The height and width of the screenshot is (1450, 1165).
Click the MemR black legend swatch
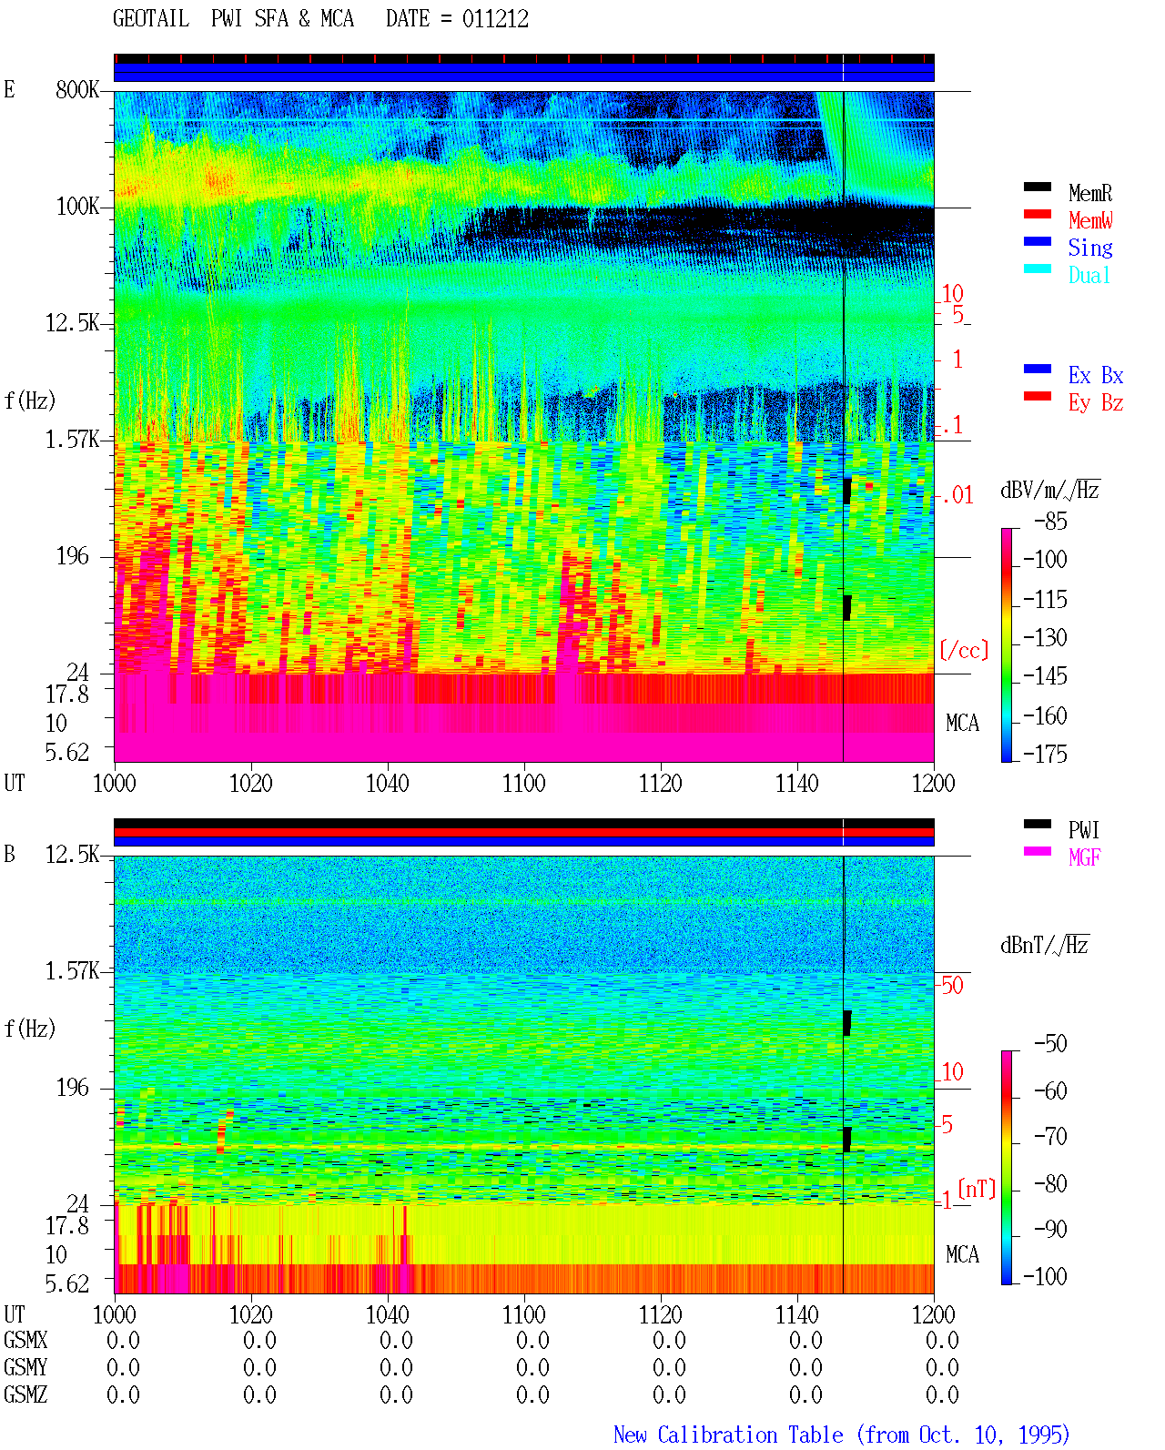coord(1037,187)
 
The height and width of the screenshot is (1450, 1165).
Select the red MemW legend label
coord(1090,220)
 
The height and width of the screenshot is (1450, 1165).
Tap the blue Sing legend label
coord(1090,248)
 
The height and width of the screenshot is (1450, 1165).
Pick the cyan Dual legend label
coord(1089,275)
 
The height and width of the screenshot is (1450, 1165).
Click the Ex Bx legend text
coord(1096,375)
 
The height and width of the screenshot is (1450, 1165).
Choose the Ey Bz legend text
coord(1096,403)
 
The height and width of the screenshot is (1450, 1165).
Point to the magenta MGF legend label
coord(1085,857)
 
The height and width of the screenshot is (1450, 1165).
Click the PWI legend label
coord(1083,829)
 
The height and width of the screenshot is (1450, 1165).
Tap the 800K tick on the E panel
coord(77,89)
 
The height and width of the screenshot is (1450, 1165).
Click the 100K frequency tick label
coord(77,207)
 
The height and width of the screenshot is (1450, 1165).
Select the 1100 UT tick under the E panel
coord(523,783)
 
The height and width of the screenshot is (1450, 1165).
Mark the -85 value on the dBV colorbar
coord(1050,521)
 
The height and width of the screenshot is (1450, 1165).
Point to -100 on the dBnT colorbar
coord(1045,1276)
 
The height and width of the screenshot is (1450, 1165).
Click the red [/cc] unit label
coord(964,650)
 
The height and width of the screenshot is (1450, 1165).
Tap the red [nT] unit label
coord(977,1188)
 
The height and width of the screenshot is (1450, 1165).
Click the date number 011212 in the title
coord(495,19)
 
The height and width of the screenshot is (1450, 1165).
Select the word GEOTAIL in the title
coord(151,19)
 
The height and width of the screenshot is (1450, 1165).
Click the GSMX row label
coord(25,1340)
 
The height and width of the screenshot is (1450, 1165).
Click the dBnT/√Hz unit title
coord(1045,945)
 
